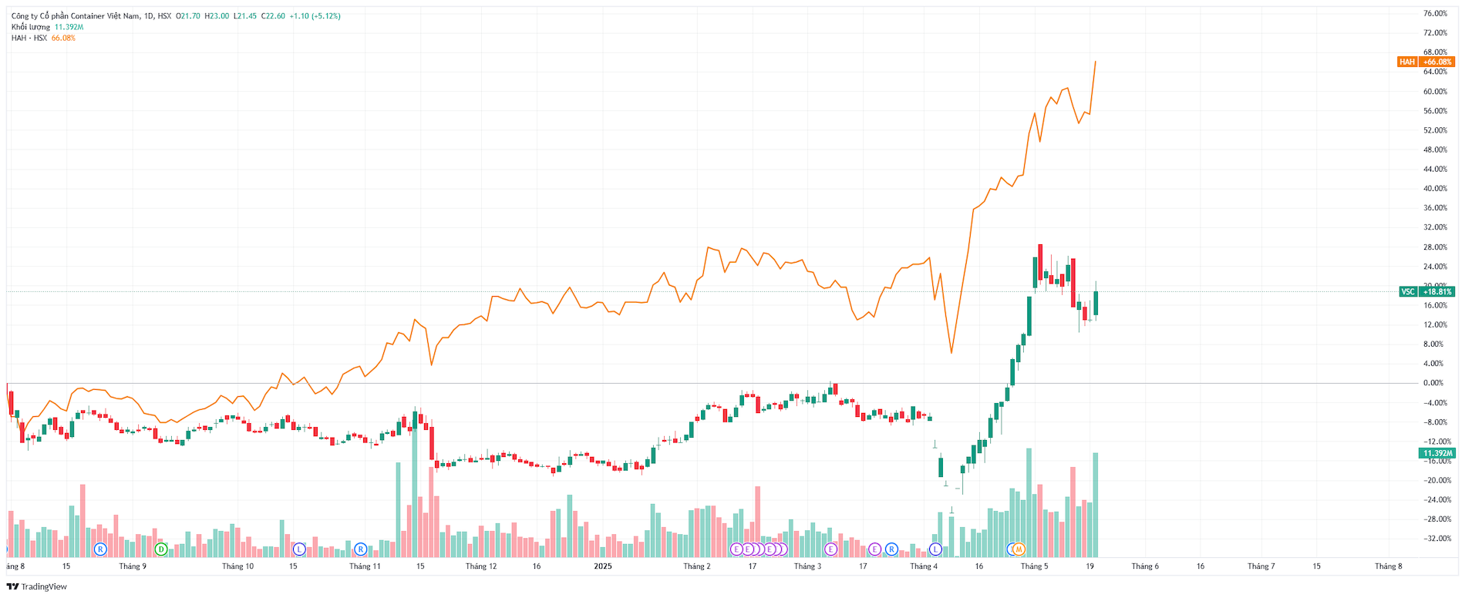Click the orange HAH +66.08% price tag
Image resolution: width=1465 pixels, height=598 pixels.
(1426, 62)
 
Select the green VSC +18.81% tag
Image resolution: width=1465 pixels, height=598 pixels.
(1426, 291)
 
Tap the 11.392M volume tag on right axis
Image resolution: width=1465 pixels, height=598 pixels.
(1437, 453)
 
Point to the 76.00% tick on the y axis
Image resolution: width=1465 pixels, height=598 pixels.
(1435, 14)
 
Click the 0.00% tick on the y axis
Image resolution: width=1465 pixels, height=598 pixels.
(1433, 383)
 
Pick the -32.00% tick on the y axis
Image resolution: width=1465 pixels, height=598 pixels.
(1436, 539)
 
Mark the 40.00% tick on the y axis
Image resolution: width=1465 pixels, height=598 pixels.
(1435, 189)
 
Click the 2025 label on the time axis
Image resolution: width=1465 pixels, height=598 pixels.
(603, 566)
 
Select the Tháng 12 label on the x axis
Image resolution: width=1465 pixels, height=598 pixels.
(481, 566)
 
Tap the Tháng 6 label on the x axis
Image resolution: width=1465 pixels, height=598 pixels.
(1145, 566)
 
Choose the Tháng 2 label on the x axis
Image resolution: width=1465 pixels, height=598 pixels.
(697, 566)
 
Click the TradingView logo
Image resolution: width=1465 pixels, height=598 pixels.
(37, 586)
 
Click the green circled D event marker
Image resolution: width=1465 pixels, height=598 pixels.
(160, 549)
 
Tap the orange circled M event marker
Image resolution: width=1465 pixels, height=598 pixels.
(1019, 549)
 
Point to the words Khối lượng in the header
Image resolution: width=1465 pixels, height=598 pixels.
(31, 27)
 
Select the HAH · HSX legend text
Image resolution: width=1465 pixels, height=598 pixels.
(29, 38)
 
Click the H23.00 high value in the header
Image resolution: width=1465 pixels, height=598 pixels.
(217, 16)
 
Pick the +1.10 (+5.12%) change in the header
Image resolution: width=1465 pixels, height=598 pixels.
(315, 16)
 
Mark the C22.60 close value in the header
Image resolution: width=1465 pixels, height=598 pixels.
(273, 16)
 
